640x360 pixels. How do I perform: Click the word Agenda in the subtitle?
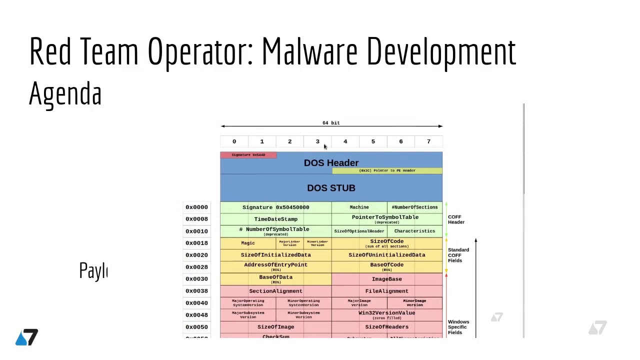point(65,93)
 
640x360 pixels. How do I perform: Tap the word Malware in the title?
point(309,51)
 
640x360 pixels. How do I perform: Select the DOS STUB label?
point(331,188)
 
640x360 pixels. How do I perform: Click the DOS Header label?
point(331,163)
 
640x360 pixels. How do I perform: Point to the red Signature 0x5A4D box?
point(248,155)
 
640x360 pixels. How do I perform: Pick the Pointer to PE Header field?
point(387,170)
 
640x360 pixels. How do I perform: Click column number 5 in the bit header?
point(373,141)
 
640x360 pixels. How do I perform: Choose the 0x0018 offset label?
point(196,243)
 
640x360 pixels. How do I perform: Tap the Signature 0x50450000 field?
point(275,207)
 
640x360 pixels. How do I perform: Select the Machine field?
point(359,207)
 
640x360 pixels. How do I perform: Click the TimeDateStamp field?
point(275,219)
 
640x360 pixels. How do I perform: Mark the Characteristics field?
point(414,231)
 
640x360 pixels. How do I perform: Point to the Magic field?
point(248,243)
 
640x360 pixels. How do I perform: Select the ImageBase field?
point(386,279)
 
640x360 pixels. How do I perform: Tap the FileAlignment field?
point(386,291)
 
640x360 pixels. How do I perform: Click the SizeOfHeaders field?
point(386,327)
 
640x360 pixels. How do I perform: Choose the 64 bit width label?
point(331,122)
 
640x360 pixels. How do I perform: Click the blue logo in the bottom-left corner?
point(26,337)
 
